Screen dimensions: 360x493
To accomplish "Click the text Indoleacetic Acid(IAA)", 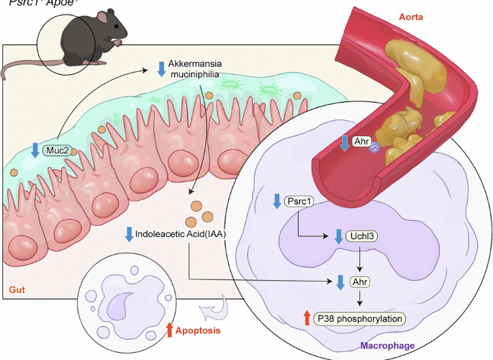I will click(x=183, y=234).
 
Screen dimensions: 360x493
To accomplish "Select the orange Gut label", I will click(x=18, y=289).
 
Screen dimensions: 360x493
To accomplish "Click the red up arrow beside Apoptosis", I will click(x=170, y=330).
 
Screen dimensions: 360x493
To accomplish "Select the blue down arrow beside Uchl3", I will click(x=339, y=235).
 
